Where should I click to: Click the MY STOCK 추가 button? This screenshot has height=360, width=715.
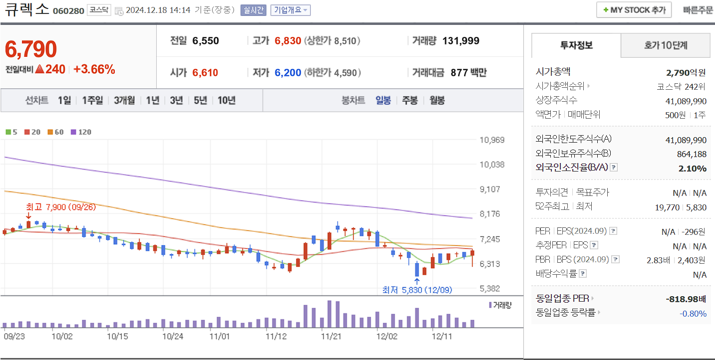(x=634, y=10)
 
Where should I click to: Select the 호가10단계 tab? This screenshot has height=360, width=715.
(x=665, y=45)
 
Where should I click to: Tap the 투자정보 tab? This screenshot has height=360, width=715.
(x=576, y=45)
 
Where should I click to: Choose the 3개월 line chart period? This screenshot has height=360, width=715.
(x=124, y=100)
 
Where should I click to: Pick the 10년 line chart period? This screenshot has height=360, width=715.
(x=226, y=100)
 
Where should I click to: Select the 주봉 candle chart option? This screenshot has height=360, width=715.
(x=410, y=100)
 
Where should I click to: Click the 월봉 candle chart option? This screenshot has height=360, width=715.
(x=437, y=100)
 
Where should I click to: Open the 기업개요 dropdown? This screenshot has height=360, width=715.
(x=290, y=10)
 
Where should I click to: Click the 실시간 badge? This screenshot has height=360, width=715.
(x=253, y=10)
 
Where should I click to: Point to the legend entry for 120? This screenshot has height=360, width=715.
(x=81, y=132)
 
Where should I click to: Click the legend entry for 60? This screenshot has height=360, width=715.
(x=55, y=132)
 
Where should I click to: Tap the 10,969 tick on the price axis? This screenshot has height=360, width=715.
(x=491, y=140)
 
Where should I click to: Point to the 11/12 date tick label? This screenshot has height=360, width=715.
(x=276, y=337)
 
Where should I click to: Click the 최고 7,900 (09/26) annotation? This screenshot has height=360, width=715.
(x=60, y=207)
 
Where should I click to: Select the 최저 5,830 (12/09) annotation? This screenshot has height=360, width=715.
(x=417, y=290)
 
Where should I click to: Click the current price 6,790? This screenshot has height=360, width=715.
(x=31, y=49)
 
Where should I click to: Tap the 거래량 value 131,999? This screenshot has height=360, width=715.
(x=461, y=41)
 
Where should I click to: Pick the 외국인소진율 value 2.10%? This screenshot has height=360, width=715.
(x=692, y=168)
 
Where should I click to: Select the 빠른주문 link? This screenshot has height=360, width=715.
(x=698, y=10)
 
